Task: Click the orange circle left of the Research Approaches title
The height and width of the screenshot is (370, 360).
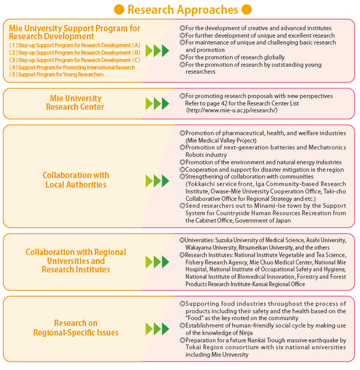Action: (x=119, y=9)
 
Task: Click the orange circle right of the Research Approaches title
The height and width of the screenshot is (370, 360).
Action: (x=247, y=9)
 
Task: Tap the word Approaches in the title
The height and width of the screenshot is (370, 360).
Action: (x=208, y=10)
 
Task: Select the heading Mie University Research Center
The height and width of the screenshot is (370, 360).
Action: (x=75, y=102)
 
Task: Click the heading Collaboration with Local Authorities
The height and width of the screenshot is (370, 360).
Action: (x=75, y=180)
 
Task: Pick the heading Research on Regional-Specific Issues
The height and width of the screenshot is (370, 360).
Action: (x=75, y=328)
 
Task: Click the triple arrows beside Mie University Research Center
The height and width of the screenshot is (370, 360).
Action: (x=157, y=103)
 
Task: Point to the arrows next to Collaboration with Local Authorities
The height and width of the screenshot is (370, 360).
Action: (x=157, y=181)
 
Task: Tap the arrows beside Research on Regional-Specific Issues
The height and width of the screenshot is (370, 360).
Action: (x=157, y=329)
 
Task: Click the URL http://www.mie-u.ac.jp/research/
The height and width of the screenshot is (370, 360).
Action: (x=232, y=110)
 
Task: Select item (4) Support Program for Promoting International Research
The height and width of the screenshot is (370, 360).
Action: (x=72, y=67)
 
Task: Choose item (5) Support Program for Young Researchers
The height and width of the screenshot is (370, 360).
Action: (x=56, y=74)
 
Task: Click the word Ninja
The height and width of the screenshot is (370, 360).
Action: (x=246, y=333)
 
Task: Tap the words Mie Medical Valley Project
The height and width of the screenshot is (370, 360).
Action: (x=221, y=141)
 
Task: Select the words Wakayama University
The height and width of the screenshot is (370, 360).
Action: (x=211, y=247)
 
